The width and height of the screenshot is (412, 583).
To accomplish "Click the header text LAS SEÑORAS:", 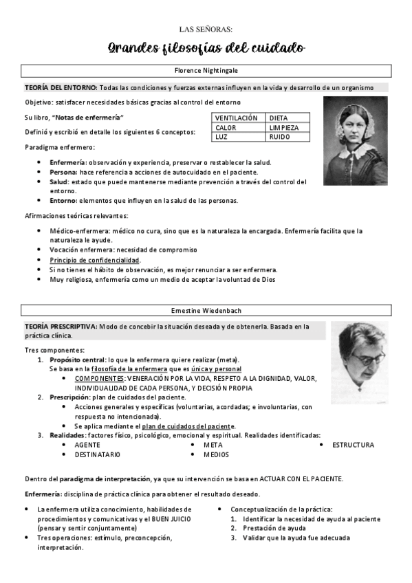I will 206,29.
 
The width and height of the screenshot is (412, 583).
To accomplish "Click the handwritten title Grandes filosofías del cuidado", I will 206,48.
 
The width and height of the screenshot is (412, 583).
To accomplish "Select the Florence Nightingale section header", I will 206,71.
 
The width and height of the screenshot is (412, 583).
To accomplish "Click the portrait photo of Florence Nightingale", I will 355,140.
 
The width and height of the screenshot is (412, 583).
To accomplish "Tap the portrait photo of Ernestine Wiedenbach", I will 359,352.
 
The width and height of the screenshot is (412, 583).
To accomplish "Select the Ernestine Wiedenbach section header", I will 206,311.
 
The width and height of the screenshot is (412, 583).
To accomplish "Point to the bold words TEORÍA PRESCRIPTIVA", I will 60,327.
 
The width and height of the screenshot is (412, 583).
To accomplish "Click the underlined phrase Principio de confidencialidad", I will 94,261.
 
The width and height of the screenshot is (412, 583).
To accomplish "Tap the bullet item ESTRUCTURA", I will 353,445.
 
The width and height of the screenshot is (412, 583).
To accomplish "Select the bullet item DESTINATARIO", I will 97,454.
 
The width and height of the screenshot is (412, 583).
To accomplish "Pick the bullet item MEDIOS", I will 216,454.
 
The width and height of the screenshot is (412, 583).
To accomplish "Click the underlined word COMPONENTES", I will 100,378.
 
